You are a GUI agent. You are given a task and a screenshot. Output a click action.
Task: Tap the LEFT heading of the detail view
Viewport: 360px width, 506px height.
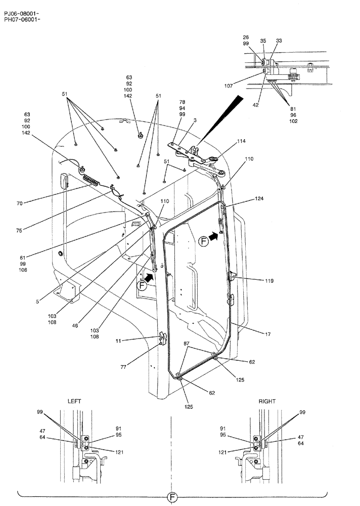coord(74,401)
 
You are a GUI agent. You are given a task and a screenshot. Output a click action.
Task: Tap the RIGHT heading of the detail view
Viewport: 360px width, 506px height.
coord(267,401)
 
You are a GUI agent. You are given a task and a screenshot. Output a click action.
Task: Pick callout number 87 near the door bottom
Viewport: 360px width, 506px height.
coord(187,344)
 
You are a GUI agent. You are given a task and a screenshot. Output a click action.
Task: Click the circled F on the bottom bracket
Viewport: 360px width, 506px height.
coord(172,498)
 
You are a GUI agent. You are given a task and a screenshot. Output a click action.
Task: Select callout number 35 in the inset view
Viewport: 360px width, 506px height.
coord(262,40)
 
